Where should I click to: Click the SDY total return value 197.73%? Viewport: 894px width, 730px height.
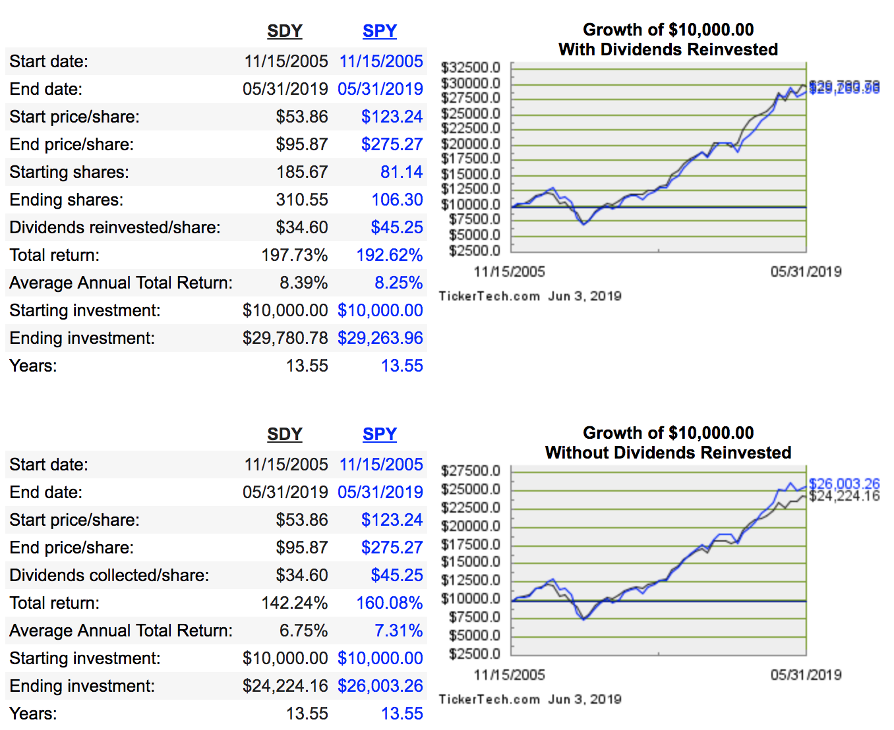294,255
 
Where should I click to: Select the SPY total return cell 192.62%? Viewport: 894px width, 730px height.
389,255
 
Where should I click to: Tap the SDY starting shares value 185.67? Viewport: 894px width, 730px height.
302,172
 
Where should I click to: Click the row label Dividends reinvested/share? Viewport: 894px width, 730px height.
115,227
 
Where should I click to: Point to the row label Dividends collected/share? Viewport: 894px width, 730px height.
109,575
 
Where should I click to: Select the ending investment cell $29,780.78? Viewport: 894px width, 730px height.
285,338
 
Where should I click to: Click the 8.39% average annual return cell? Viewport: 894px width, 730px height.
303,283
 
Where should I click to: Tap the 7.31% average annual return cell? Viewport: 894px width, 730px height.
398,631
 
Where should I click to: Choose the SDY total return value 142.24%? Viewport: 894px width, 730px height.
294,603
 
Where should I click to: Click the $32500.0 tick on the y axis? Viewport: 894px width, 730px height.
471,67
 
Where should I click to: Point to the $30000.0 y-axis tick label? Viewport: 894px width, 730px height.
471,83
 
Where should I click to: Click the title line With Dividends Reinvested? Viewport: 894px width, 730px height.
668,49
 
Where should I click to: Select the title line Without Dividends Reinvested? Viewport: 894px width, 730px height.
668,453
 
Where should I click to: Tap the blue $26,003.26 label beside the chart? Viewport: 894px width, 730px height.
844,484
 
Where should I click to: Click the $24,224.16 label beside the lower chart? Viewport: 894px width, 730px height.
844,496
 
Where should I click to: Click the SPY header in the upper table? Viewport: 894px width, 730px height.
380,31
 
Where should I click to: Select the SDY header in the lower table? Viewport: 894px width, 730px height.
285,434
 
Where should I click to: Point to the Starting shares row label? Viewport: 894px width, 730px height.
69,172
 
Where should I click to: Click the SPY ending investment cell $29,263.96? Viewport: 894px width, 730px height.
380,338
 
